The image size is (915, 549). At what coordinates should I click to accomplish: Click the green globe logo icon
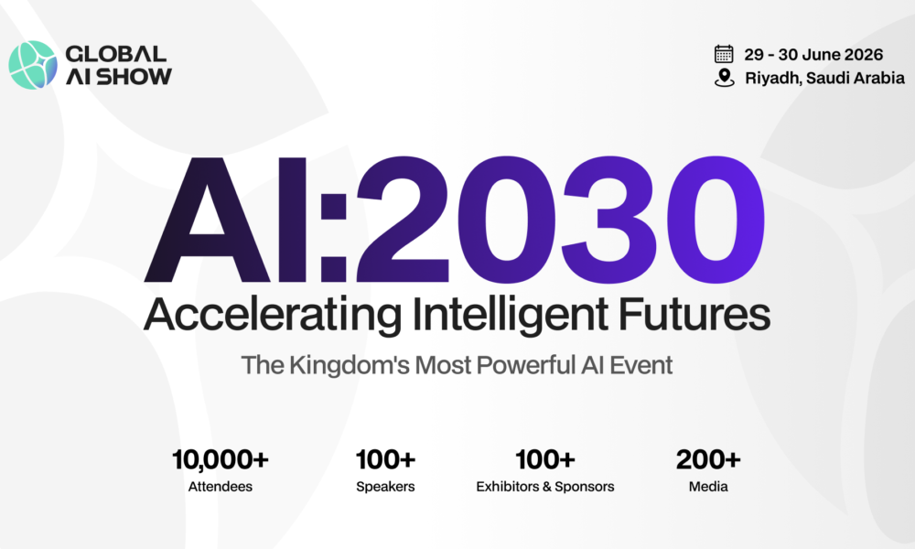click(33, 65)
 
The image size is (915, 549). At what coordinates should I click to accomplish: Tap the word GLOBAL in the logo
click(116, 54)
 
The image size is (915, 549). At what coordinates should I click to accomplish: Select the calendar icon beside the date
click(724, 54)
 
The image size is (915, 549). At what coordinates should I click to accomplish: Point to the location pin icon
click(724, 78)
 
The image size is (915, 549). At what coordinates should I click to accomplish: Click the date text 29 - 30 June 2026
click(813, 54)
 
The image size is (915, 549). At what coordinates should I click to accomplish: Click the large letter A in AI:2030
click(207, 220)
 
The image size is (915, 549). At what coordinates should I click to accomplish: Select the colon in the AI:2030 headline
click(334, 238)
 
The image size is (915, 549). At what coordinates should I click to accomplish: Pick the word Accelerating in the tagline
click(273, 316)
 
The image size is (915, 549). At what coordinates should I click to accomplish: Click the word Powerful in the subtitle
click(526, 365)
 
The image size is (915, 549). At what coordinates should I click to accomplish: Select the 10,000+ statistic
click(220, 459)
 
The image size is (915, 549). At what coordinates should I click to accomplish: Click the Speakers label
click(386, 487)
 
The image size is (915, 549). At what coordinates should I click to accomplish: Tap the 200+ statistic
click(708, 459)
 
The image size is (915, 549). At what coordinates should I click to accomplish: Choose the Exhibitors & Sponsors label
click(545, 487)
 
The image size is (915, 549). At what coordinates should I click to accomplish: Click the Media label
click(708, 487)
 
